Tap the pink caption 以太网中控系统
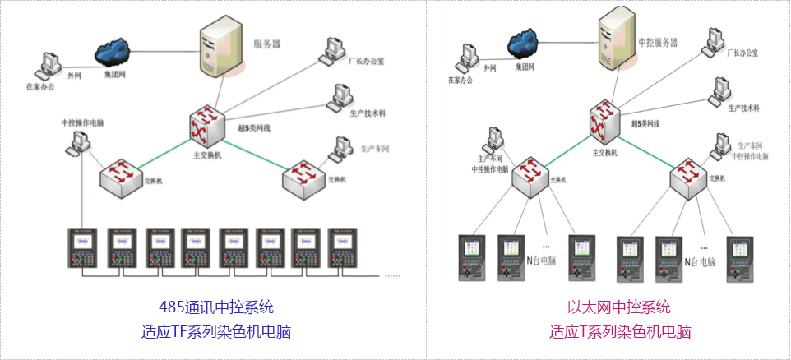[618, 307]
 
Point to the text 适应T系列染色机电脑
[618, 332]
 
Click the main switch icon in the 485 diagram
[206, 126]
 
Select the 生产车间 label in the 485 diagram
[375, 150]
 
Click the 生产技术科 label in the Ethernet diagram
[743, 108]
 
